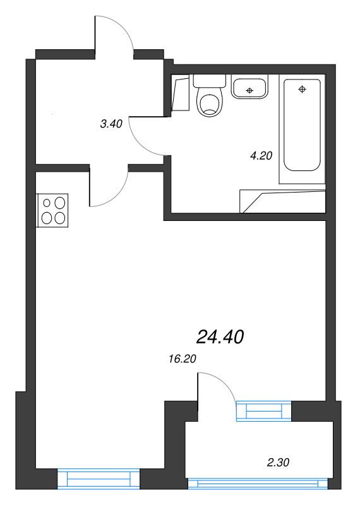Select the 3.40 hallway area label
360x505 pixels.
click(x=111, y=124)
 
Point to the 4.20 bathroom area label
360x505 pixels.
click(x=261, y=157)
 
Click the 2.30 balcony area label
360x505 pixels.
click(x=278, y=463)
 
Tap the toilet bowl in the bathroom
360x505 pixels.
click(x=210, y=104)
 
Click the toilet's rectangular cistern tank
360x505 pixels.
click(x=210, y=81)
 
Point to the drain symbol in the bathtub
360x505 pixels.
click(x=303, y=89)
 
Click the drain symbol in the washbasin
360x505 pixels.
click(x=250, y=91)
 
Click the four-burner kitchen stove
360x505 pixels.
click(x=53, y=210)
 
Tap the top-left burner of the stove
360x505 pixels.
click(x=47, y=203)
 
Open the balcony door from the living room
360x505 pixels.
click(x=216, y=387)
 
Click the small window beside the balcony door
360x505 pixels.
click(x=264, y=411)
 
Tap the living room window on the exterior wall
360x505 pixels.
click(x=99, y=479)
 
